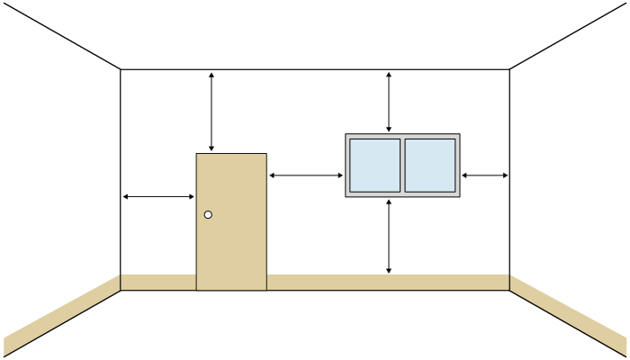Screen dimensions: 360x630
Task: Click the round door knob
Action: (208, 214)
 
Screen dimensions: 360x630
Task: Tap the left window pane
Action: (375, 165)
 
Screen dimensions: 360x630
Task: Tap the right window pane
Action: (429, 165)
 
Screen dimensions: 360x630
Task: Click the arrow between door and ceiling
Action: (211, 111)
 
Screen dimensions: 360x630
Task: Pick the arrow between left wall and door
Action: (158, 196)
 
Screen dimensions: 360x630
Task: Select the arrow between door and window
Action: (306, 175)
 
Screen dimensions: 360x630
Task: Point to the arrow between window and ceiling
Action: (389, 102)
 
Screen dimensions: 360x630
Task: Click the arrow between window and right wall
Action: (485, 175)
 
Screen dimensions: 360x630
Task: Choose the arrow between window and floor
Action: (389, 236)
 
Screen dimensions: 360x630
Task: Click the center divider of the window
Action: (402, 165)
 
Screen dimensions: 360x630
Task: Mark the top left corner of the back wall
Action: (121, 69)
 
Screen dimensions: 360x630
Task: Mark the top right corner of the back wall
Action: (509, 69)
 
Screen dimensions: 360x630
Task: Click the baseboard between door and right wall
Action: (387, 283)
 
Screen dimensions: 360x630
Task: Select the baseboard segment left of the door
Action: (158, 283)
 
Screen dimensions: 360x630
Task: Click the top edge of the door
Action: (231, 154)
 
